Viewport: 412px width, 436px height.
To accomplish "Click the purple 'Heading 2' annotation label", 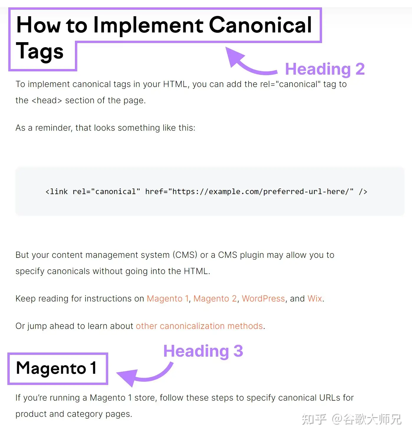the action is pyautogui.click(x=325, y=69).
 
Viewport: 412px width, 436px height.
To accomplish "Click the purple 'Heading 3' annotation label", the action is pyautogui.click(x=203, y=351).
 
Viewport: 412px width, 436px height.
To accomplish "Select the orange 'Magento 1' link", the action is pyautogui.click(x=168, y=299).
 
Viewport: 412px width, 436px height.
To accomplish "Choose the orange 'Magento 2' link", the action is pyautogui.click(x=215, y=299).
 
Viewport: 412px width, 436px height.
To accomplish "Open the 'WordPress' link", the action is pyautogui.click(x=263, y=299).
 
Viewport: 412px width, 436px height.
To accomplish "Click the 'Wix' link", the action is pyautogui.click(x=315, y=299).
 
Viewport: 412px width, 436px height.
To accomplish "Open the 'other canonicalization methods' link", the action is pyautogui.click(x=199, y=326).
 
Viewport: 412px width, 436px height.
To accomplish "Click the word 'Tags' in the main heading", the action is pyautogui.click(x=40, y=51).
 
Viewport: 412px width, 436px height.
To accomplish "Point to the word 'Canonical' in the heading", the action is pyautogui.click(x=260, y=25).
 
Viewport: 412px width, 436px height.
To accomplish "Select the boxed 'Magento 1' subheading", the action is pyautogui.click(x=56, y=368).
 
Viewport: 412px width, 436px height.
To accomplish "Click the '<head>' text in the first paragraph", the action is pyautogui.click(x=47, y=101).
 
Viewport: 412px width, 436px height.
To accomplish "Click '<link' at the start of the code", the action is pyautogui.click(x=57, y=191).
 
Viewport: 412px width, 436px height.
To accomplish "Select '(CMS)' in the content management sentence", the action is pyautogui.click(x=185, y=255).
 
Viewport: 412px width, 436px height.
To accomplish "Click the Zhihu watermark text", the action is pyautogui.click(x=352, y=419).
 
